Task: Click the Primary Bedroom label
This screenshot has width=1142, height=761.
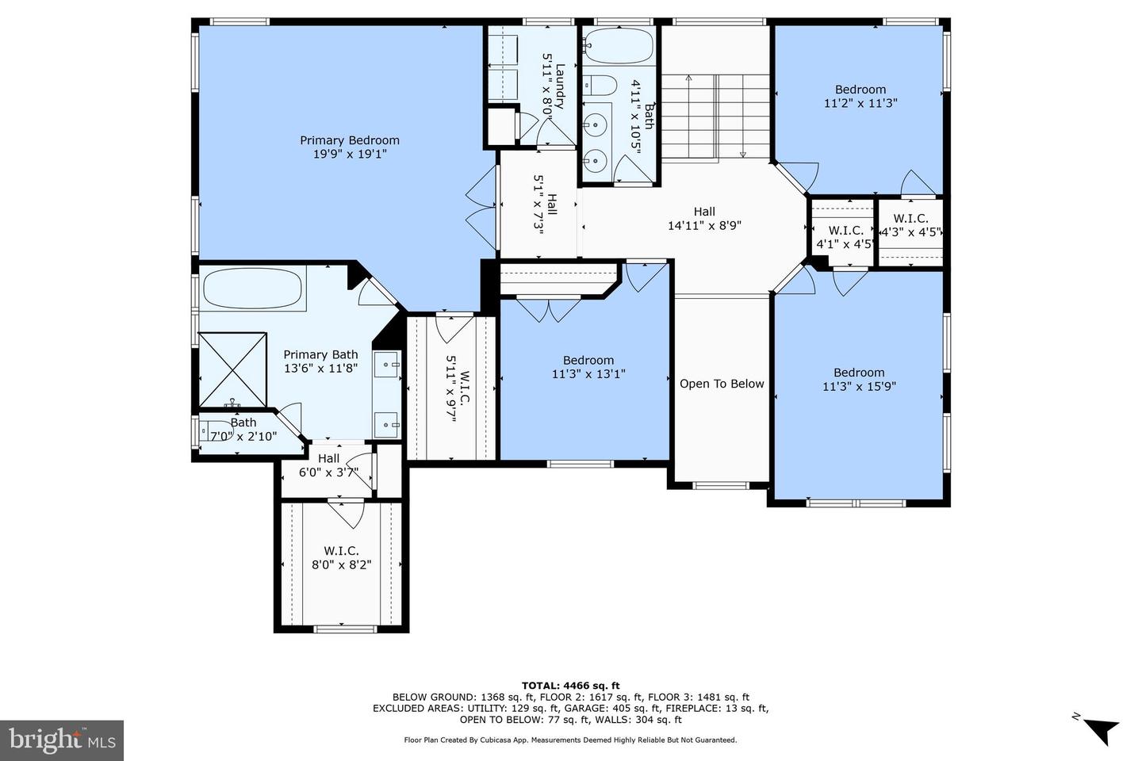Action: pos(349,140)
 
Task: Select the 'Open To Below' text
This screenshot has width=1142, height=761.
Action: pos(722,384)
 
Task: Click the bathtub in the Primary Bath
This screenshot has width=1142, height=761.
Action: pos(254,289)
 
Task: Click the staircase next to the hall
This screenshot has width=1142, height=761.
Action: pos(715,117)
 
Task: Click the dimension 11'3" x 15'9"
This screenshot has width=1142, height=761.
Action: pos(859,387)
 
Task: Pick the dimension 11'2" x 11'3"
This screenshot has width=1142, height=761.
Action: pos(860,103)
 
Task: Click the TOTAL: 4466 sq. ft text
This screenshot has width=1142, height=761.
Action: pos(570,686)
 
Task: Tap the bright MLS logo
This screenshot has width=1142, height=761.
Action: pos(62,740)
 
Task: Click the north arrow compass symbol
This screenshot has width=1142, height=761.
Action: pos(1099,728)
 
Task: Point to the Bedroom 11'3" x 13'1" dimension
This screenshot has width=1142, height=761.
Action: pos(588,374)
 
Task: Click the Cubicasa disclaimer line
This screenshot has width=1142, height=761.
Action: pos(570,740)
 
